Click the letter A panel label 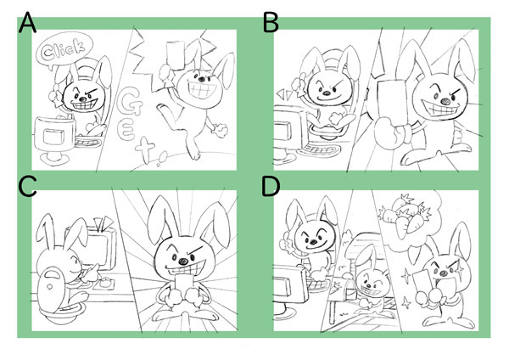[x=27, y=23]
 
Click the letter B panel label [x=271, y=23]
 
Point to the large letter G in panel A [x=129, y=103]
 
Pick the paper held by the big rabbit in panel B [x=391, y=101]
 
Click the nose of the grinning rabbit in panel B [x=446, y=101]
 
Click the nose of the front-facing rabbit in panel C [x=183, y=261]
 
